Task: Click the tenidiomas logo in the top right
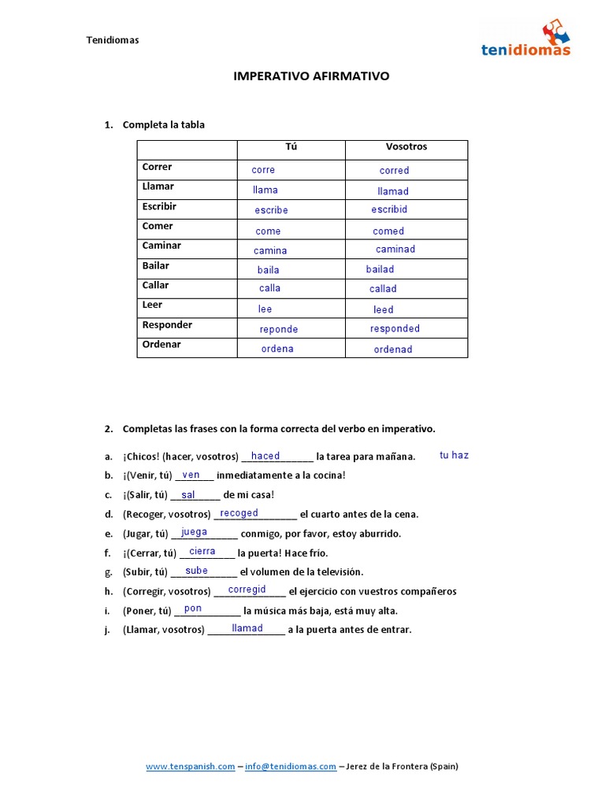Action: [x=525, y=40]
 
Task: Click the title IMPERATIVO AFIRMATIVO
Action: [x=311, y=76]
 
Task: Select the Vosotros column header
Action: [x=406, y=146]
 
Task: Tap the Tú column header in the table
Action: [x=291, y=146]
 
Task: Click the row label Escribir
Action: [x=159, y=206]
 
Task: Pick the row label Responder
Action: [x=167, y=324]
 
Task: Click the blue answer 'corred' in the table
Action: [x=394, y=171]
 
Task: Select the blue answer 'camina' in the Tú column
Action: [x=270, y=251]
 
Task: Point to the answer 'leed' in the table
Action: [x=384, y=310]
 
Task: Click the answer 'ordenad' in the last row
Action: [x=393, y=349]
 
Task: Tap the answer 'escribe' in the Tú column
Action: [x=271, y=211]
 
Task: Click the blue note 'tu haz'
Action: [x=454, y=456]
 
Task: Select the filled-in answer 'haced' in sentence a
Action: [x=265, y=457]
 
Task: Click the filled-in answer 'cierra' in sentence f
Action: [x=202, y=552]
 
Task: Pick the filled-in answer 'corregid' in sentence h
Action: [x=247, y=590]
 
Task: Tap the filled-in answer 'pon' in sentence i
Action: [x=193, y=608]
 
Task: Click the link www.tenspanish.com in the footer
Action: [x=191, y=766]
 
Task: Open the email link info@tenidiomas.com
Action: [x=291, y=766]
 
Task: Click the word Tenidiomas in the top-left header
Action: [x=113, y=40]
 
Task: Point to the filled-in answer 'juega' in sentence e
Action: [x=195, y=532]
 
